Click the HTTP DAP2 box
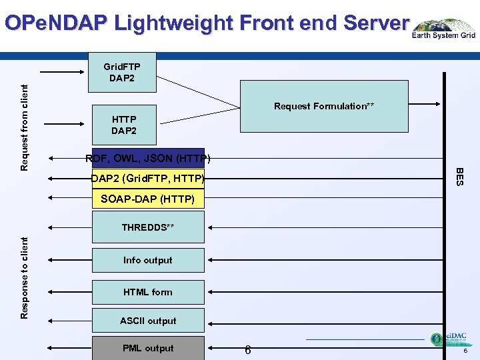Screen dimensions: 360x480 tap(124, 125)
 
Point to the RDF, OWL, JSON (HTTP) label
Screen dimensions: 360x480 tap(148, 159)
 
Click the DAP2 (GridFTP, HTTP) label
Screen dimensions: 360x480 tap(148, 179)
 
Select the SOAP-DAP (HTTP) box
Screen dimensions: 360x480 tap(148, 199)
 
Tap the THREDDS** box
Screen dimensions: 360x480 tap(148, 227)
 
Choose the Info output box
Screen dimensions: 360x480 tap(148, 260)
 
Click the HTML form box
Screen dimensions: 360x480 tap(148, 292)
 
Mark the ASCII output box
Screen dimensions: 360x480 tap(148, 321)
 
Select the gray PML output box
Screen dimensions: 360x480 tap(148, 348)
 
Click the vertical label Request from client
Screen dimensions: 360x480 tap(25, 127)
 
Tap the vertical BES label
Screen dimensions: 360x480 tap(459, 177)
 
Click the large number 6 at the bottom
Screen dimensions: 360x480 tap(247, 350)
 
